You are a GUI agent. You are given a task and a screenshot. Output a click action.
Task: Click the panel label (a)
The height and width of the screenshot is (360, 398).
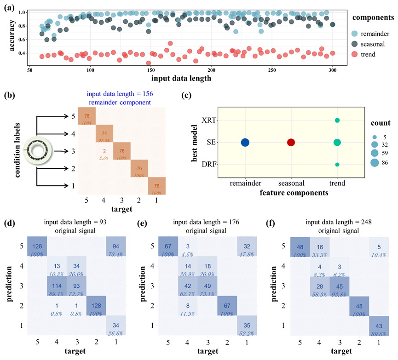(8, 6)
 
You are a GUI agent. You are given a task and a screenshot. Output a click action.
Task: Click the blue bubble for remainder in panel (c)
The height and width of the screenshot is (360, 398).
(245, 143)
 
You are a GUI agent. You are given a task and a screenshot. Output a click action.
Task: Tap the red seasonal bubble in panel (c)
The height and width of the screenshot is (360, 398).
(291, 143)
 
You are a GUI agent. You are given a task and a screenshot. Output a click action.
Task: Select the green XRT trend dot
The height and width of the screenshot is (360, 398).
(337, 120)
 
